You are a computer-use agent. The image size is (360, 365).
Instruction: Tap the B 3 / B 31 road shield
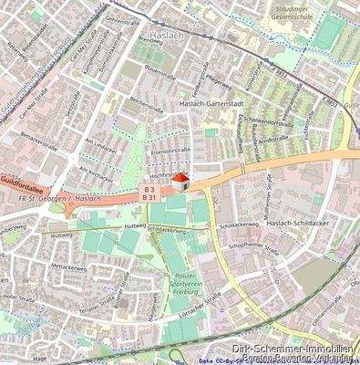coord(150,193)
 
